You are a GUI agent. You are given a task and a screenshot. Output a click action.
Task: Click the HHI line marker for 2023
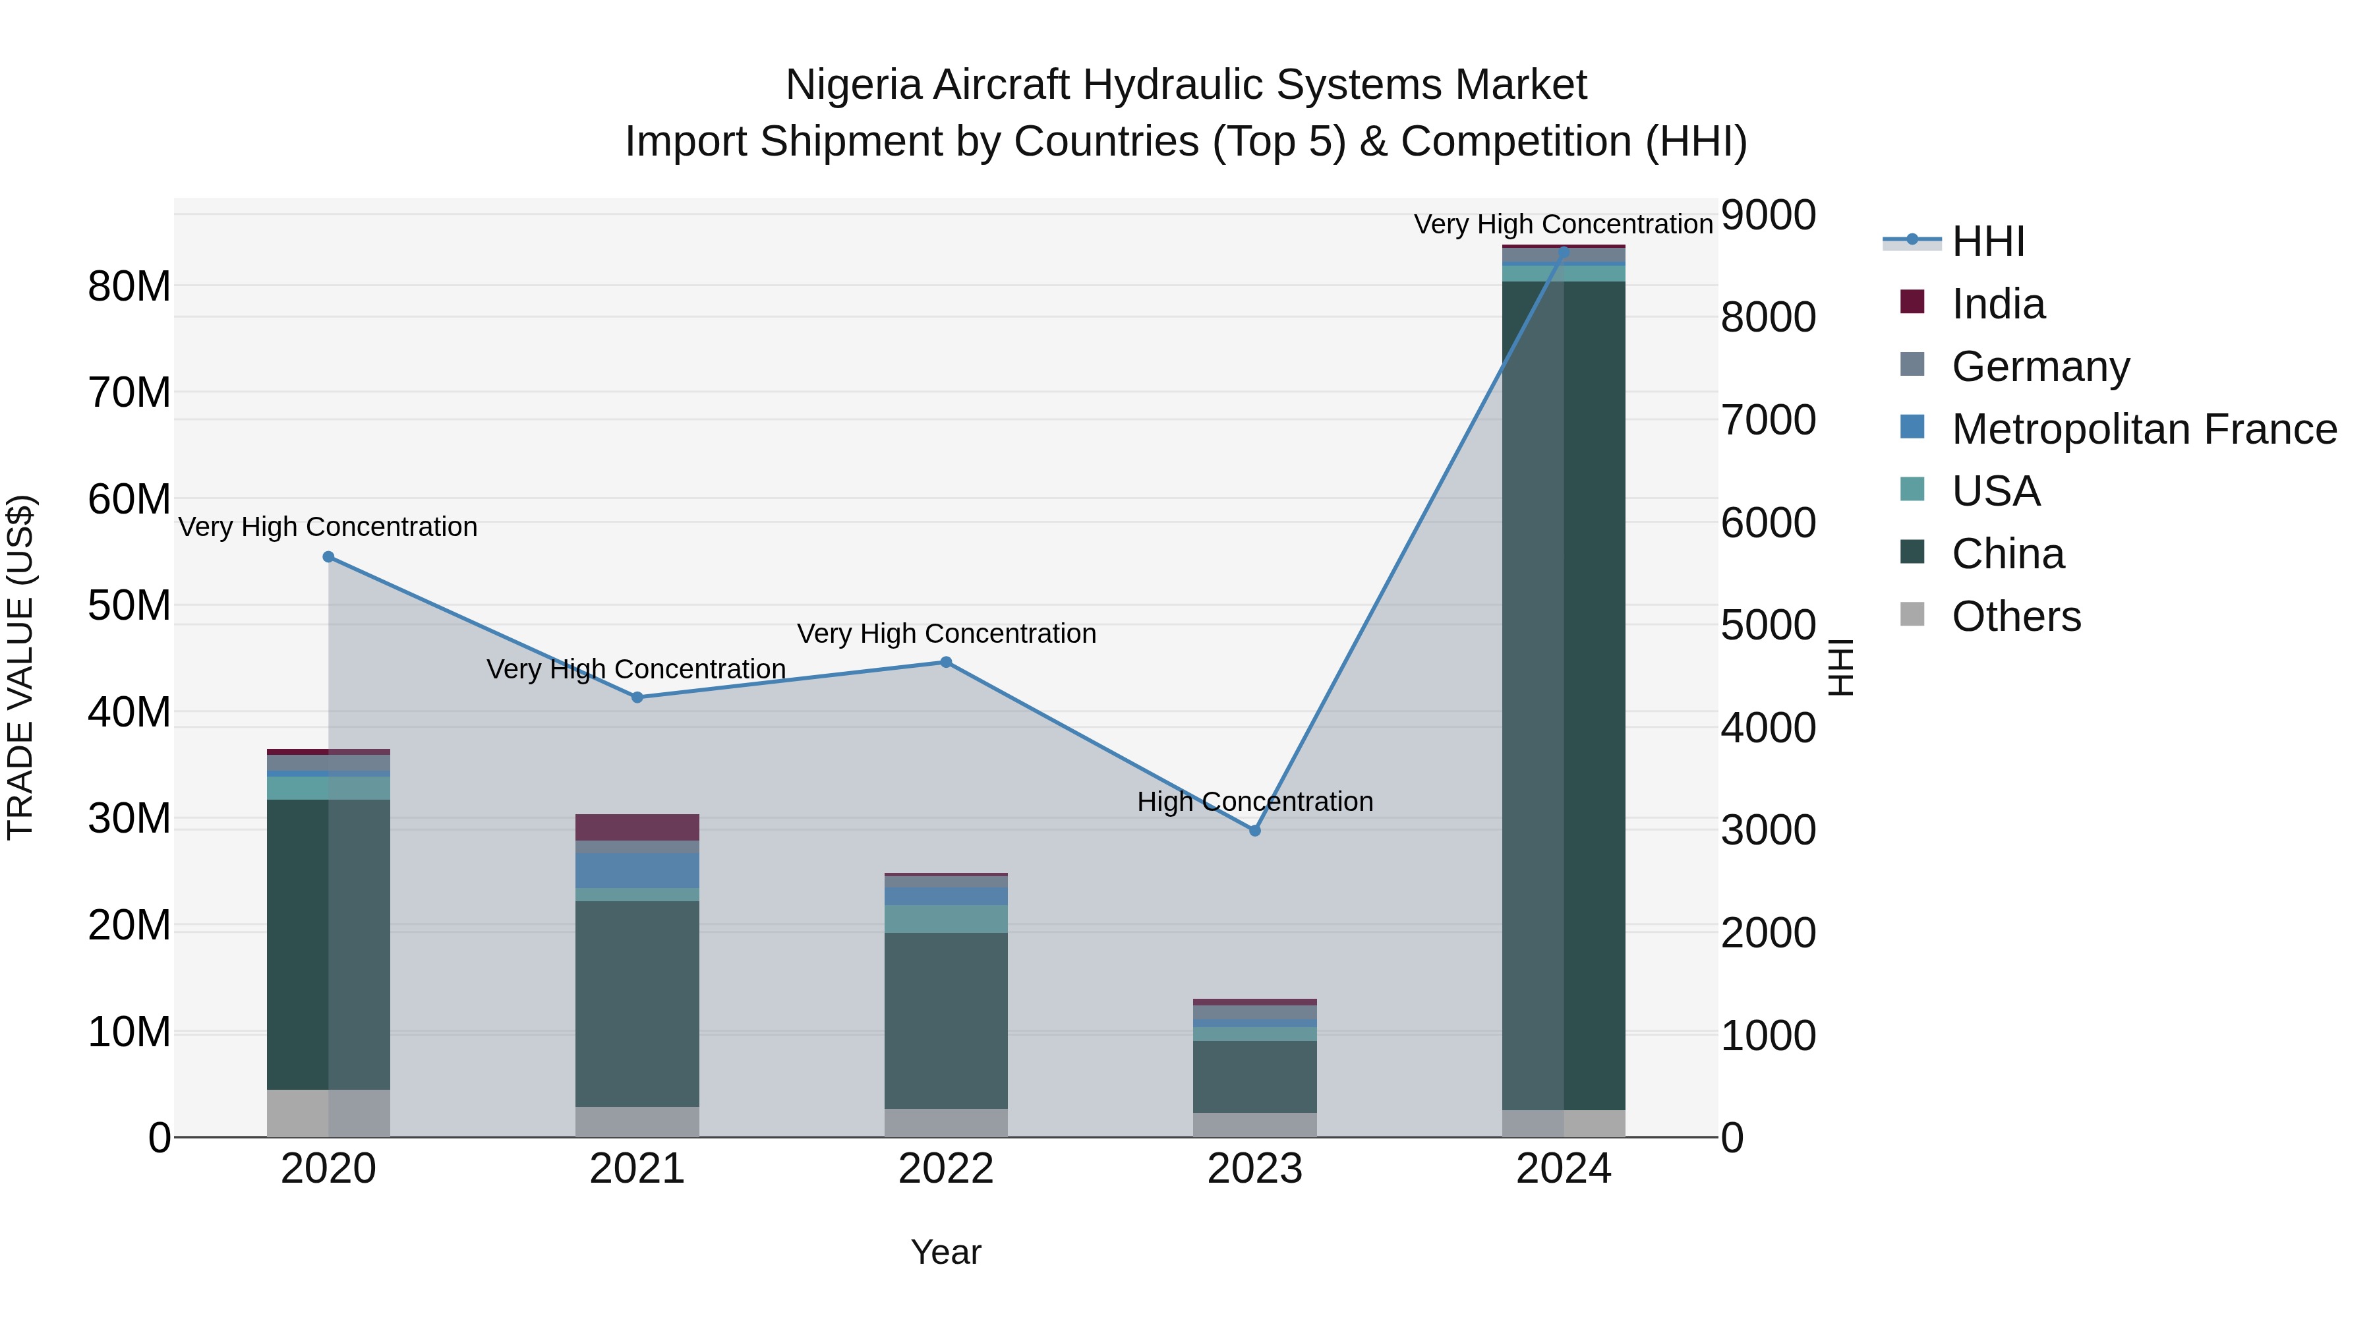point(1254,830)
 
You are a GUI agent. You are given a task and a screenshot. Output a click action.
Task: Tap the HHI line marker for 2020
point(329,556)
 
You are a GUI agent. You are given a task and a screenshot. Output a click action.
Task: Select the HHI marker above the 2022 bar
point(945,661)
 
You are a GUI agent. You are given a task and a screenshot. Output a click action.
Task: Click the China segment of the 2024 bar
point(1564,691)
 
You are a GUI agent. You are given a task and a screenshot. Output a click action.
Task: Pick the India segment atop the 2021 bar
point(637,827)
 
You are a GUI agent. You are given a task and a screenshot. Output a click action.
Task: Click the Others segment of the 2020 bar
point(328,1112)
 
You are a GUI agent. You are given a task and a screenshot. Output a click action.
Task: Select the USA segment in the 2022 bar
point(945,918)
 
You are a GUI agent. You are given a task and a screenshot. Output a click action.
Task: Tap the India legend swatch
point(1912,302)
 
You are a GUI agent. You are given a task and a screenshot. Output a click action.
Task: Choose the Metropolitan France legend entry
point(2143,429)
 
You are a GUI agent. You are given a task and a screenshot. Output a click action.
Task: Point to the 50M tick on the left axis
point(129,605)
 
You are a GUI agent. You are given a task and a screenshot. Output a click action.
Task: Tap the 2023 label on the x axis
point(1254,1169)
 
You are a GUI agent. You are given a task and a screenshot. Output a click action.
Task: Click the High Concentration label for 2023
point(1254,802)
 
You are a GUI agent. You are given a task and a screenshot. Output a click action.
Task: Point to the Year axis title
point(945,1252)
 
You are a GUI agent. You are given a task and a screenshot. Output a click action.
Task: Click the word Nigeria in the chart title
point(853,85)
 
